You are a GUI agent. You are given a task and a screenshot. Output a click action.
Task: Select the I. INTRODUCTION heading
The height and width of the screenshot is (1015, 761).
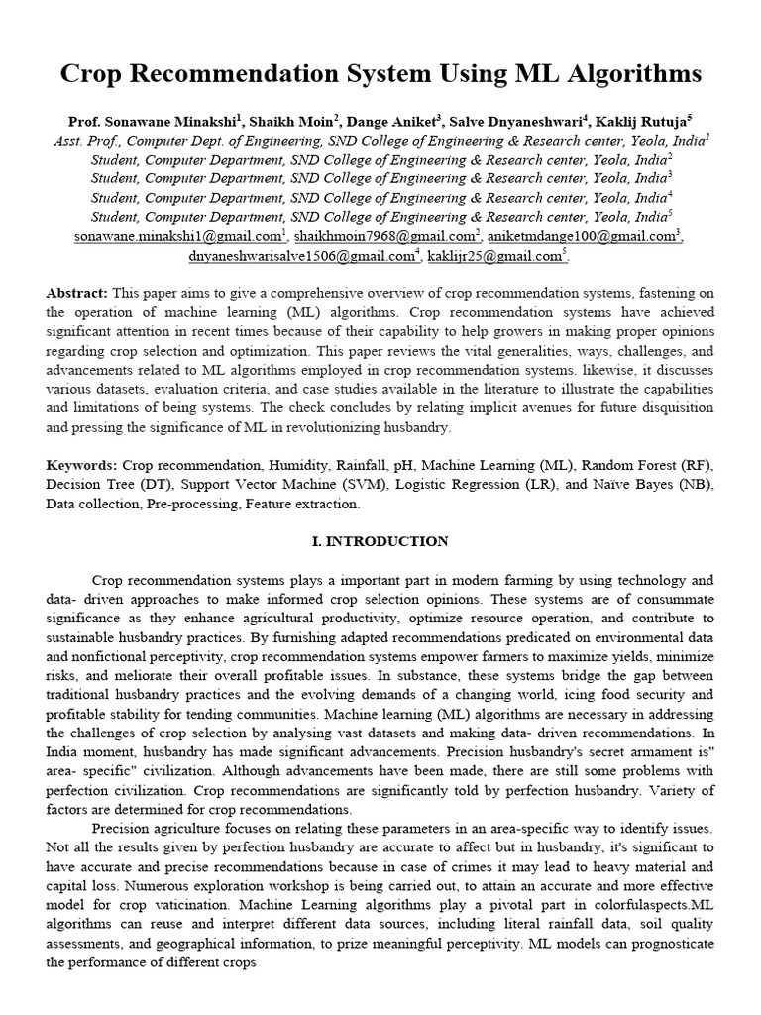[x=380, y=541]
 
